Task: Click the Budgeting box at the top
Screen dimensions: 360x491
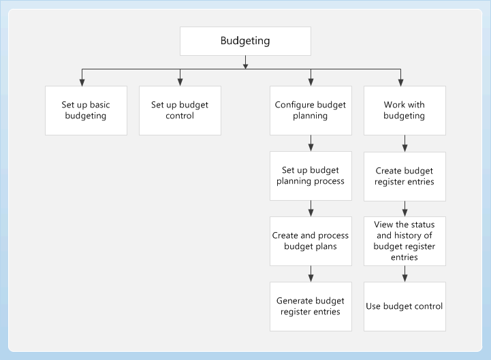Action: pyautogui.click(x=245, y=41)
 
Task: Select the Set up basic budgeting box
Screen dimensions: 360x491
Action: pyautogui.click(x=86, y=110)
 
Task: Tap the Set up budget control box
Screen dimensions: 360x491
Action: pyautogui.click(x=180, y=110)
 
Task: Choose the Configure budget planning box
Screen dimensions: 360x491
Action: pyautogui.click(x=311, y=110)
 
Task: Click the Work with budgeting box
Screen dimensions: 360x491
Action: pyautogui.click(x=405, y=110)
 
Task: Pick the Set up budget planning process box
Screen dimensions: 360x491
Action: pyautogui.click(x=311, y=176)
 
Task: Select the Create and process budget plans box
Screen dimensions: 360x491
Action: pyautogui.click(x=311, y=241)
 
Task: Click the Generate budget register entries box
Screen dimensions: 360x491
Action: pyautogui.click(x=311, y=306)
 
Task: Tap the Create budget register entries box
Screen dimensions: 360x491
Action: pyautogui.click(x=405, y=176)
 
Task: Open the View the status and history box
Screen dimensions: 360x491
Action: pyautogui.click(x=405, y=241)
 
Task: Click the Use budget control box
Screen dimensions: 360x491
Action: pyautogui.click(x=405, y=306)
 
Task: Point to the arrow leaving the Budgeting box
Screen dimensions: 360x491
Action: pyautogui.click(x=245, y=63)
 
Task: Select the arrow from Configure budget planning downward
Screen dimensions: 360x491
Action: pyautogui.click(x=311, y=143)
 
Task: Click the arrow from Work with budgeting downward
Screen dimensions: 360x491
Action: pyautogui.click(x=405, y=143)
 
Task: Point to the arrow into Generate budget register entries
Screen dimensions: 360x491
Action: pyautogui.click(x=311, y=274)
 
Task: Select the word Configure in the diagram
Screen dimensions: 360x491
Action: pyautogui.click(x=297, y=105)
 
